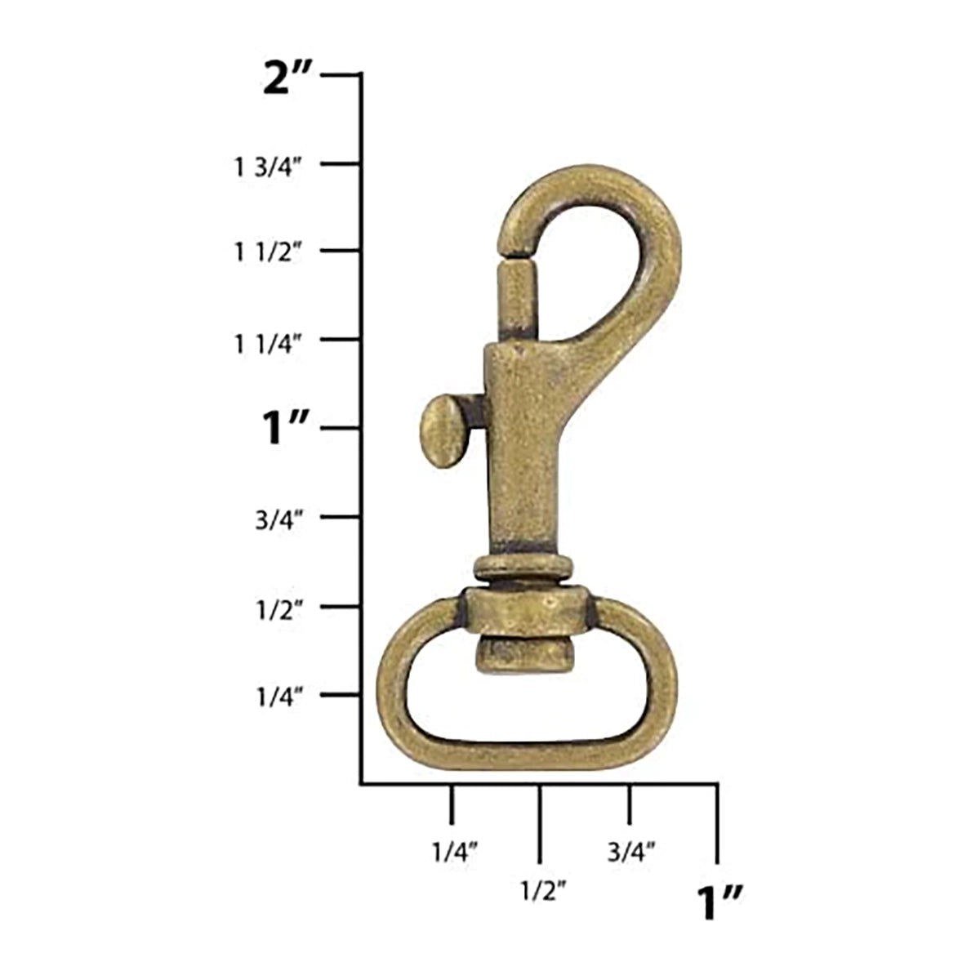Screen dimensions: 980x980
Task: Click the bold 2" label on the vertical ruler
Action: (x=287, y=81)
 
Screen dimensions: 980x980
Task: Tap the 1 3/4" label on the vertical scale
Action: (x=269, y=167)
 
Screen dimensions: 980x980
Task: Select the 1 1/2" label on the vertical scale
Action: (x=269, y=252)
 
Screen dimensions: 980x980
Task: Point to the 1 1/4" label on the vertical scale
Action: (x=269, y=342)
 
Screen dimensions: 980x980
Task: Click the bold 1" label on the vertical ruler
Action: (x=284, y=429)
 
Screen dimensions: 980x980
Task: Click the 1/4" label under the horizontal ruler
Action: (x=454, y=853)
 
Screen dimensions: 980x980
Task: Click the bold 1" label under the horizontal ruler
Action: (x=719, y=902)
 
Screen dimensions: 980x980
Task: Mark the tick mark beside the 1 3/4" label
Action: (x=341, y=164)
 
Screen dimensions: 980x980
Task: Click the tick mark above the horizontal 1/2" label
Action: (x=539, y=823)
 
